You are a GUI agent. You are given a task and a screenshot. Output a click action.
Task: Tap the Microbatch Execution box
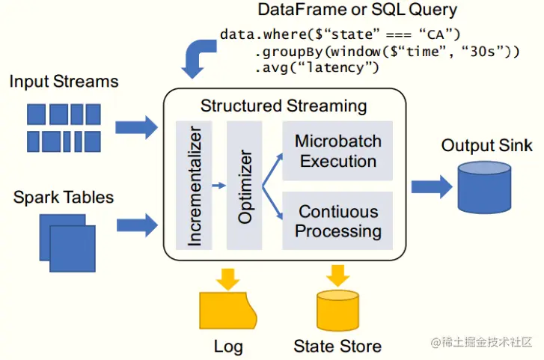(x=337, y=151)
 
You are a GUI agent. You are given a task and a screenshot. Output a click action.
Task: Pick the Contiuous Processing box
(x=337, y=221)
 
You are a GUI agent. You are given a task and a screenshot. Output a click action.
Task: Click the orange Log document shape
(x=227, y=310)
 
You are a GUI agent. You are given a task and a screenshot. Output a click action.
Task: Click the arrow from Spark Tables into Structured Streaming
(x=137, y=222)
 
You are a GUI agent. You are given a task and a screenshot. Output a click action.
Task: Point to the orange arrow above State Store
(x=337, y=275)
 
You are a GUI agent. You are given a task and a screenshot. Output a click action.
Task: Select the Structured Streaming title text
(x=284, y=106)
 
